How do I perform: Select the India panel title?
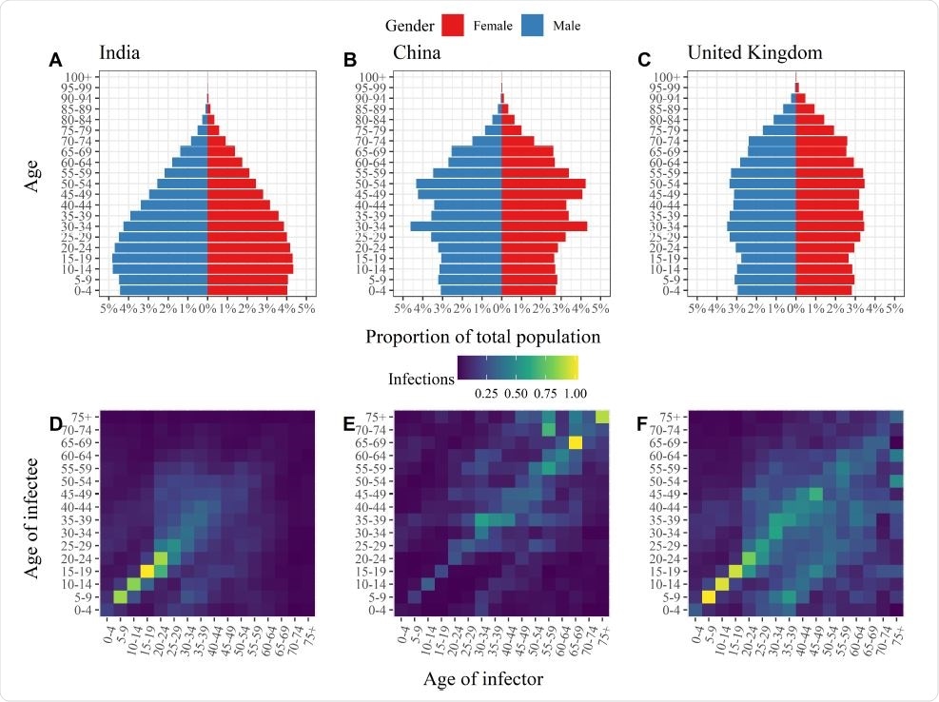click(x=120, y=52)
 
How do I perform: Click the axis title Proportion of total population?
click(x=482, y=337)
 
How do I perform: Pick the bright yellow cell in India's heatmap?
click(x=147, y=571)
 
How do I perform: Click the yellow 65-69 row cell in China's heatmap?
click(x=575, y=442)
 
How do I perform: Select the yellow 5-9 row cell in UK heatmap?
click(x=710, y=597)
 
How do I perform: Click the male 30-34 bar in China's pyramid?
click(x=456, y=226)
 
